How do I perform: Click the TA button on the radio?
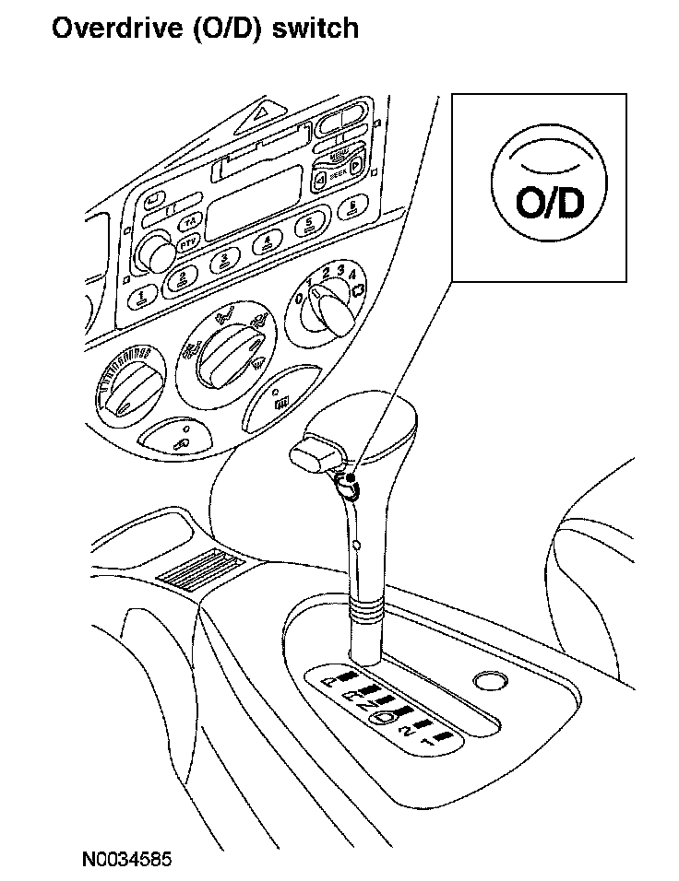[188, 223]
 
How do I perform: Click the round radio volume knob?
[158, 253]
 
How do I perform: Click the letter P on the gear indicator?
[331, 682]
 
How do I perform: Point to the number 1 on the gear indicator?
[426, 740]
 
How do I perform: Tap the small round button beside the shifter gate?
[488, 683]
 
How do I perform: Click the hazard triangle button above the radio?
[264, 117]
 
